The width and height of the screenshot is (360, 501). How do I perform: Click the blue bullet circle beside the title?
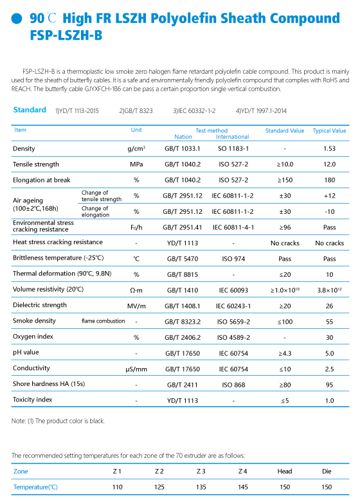click(17, 19)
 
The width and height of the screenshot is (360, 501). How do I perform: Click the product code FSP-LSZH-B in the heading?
click(66, 35)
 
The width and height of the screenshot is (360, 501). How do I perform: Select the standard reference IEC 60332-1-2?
click(194, 111)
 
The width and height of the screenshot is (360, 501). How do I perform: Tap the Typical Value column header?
click(329, 130)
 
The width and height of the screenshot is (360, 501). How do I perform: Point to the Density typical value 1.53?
click(329, 148)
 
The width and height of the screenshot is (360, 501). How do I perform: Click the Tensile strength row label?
click(36, 164)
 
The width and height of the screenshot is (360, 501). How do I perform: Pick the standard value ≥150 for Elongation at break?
click(285, 180)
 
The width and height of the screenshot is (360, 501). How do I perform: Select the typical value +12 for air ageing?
click(330, 195)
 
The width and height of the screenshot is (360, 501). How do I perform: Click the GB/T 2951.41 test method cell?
click(182, 227)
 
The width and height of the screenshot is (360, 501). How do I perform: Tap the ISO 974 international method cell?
click(233, 259)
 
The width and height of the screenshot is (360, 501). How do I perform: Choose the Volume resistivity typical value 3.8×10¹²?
click(329, 290)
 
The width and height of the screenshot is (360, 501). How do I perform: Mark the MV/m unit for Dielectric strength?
click(136, 306)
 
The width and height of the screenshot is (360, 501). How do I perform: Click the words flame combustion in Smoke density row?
click(104, 321)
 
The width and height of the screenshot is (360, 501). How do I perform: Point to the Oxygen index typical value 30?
click(329, 337)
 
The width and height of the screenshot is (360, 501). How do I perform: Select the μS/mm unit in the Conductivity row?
click(136, 369)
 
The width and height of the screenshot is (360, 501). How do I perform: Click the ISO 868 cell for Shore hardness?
click(233, 385)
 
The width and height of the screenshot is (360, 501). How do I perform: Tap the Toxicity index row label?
click(32, 400)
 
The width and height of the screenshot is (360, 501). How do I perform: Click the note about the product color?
click(58, 421)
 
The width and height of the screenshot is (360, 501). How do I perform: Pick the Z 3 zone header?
click(201, 471)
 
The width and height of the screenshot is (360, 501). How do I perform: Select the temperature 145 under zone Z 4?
click(242, 487)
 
